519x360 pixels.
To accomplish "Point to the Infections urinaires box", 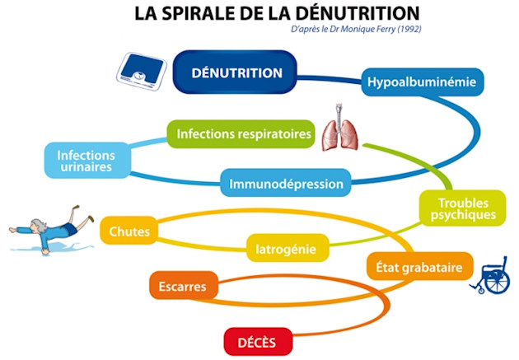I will point(86,161).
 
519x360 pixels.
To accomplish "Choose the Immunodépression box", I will point(285,182).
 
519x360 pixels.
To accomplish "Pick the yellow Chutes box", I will point(129,231).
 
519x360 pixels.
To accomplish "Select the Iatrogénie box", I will point(288,245).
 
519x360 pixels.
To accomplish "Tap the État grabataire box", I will point(419,267).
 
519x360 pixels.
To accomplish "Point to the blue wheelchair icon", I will point(492,277).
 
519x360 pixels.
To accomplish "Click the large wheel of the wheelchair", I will point(497,280).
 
